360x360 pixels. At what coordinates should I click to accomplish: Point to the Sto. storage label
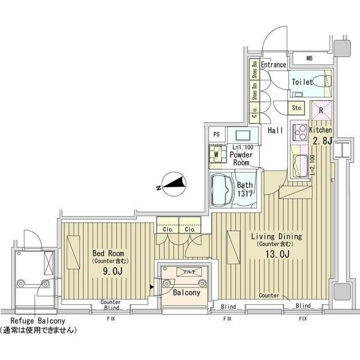pyautogui.click(x=297, y=107)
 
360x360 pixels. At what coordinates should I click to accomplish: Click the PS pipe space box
pyautogui.click(x=216, y=134)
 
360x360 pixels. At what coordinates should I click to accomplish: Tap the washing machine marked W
pyautogui.click(x=215, y=153)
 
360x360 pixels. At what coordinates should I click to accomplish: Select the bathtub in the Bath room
pyautogui.click(x=221, y=190)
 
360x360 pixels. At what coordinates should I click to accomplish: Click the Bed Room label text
pyautogui.click(x=108, y=253)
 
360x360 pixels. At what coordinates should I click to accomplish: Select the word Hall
pyautogui.click(x=275, y=130)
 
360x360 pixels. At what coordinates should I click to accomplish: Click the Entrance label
pyautogui.click(x=273, y=65)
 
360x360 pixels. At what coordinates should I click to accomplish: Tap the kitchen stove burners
pyautogui.click(x=298, y=133)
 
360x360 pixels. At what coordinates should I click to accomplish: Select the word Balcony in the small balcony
pyautogui.click(x=184, y=293)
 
